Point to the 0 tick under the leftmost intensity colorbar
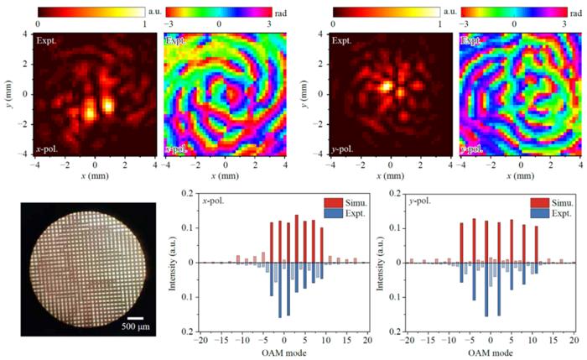click(x=39, y=24)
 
